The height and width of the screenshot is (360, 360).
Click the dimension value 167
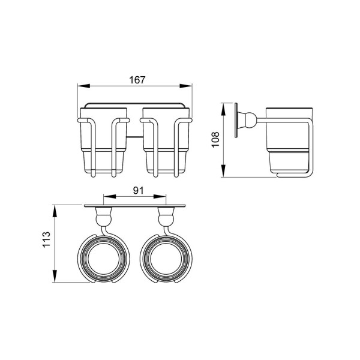[x=137, y=80]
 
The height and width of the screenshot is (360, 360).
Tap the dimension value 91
[x=138, y=190]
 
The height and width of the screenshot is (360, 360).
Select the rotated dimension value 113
[x=46, y=239]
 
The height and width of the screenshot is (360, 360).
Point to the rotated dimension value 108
[x=215, y=140]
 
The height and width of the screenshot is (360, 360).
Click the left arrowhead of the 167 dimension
[x=83, y=86]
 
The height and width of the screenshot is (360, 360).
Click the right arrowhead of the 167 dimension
[x=186, y=86]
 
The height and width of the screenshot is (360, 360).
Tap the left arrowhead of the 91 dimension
[x=110, y=196]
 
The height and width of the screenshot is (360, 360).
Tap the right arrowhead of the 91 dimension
[x=160, y=196]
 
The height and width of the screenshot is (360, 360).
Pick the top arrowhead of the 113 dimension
[x=55, y=211]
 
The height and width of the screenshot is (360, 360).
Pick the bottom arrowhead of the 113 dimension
[x=55, y=276]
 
